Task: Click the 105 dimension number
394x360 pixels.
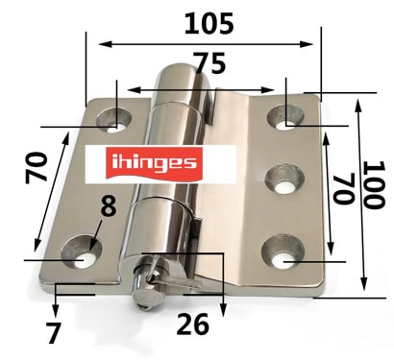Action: [x=209, y=23]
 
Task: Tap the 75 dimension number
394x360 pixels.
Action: [x=210, y=63]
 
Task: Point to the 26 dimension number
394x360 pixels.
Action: [x=193, y=324]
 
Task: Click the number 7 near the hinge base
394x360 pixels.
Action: [x=53, y=332]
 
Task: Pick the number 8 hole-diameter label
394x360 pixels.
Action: [x=109, y=204]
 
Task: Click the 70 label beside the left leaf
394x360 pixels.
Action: [x=37, y=167]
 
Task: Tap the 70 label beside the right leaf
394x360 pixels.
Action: [x=344, y=189]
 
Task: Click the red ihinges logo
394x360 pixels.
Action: [x=155, y=163]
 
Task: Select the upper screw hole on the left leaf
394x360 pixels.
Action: [x=114, y=120]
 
